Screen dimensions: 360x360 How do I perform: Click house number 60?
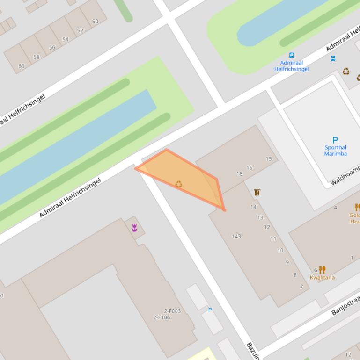pyautogui.click(x=21, y=66)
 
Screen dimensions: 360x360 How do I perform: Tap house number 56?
pyautogui.click(x=52, y=47)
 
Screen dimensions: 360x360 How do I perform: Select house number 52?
pyautogui.click(x=80, y=30)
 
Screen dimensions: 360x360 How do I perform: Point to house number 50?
pyautogui.click(x=95, y=22)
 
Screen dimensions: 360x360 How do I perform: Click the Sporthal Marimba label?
pyautogui.click(x=335, y=151)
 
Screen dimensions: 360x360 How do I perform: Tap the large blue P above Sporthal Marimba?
pyautogui.click(x=335, y=140)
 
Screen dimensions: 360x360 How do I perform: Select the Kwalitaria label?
pyautogui.click(x=322, y=277)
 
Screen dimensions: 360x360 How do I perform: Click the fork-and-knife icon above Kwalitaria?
pyautogui.click(x=322, y=270)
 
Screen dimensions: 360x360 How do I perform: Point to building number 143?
pyautogui.click(x=236, y=236)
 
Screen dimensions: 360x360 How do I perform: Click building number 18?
pyautogui.click(x=239, y=174)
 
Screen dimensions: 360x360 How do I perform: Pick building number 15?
pyautogui.click(x=269, y=159)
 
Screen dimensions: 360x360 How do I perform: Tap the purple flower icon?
pyautogui.click(x=134, y=228)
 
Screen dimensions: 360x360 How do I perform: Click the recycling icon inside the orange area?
pyautogui.click(x=178, y=184)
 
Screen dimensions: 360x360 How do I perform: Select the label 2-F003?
pyautogui.click(x=172, y=311)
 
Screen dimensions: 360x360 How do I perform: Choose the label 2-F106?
pyautogui.click(x=162, y=317)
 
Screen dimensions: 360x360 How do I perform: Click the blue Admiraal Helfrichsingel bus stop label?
pyautogui.click(x=292, y=65)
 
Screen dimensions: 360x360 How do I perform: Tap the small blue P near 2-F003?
pyautogui.click(x=210, y=310)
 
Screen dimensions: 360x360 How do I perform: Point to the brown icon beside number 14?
pyautogui.click(x=257, y=192)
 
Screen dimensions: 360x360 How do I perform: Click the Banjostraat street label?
pyautogui.click(x=345, y=304)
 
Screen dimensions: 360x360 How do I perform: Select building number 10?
pyautogui.click(x=280, y=250)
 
